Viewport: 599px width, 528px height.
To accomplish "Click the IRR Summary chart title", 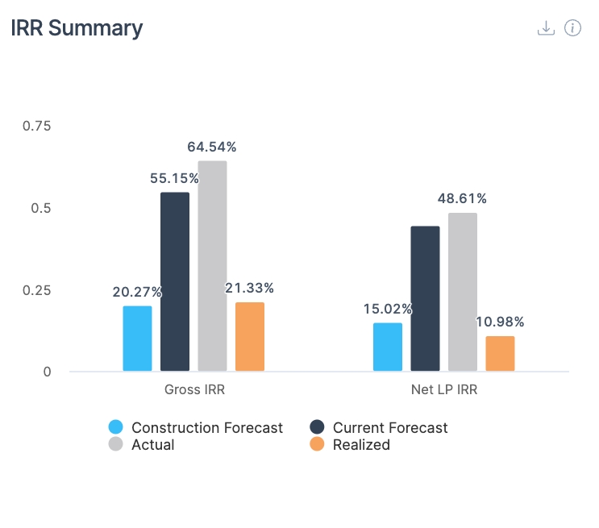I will coord(77,28).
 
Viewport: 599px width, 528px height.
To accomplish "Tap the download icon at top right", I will coord(546,28).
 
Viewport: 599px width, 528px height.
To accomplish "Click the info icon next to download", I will coord(572,28).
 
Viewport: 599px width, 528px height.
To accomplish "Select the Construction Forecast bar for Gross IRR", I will coord(137,339).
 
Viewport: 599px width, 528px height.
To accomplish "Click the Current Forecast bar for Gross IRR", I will coord(175,282).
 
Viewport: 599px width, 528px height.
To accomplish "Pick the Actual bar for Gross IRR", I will coord(212,266).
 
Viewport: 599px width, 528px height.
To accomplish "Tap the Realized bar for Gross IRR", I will coord(250,337).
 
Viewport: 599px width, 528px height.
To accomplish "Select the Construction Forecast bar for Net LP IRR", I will coord(388,347).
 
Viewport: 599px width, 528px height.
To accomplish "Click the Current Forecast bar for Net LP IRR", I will coord(425,299).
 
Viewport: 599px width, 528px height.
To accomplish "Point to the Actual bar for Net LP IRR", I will coord(463,292).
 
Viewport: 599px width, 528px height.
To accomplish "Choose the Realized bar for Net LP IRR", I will coord(500,354).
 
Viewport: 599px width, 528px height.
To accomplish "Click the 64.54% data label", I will coord(212,148).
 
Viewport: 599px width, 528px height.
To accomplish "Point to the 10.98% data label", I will coord(500,322).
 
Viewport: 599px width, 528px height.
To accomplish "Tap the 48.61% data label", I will coord(463,198).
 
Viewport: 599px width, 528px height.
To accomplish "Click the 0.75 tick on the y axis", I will coord(36,126).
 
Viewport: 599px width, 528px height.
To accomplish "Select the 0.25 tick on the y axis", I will coord(36,290).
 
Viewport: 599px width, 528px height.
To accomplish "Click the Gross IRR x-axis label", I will coord(194,391).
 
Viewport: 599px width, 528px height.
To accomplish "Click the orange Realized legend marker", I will coord(317,444).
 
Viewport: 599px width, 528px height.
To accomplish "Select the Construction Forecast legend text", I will coord(207,428).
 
